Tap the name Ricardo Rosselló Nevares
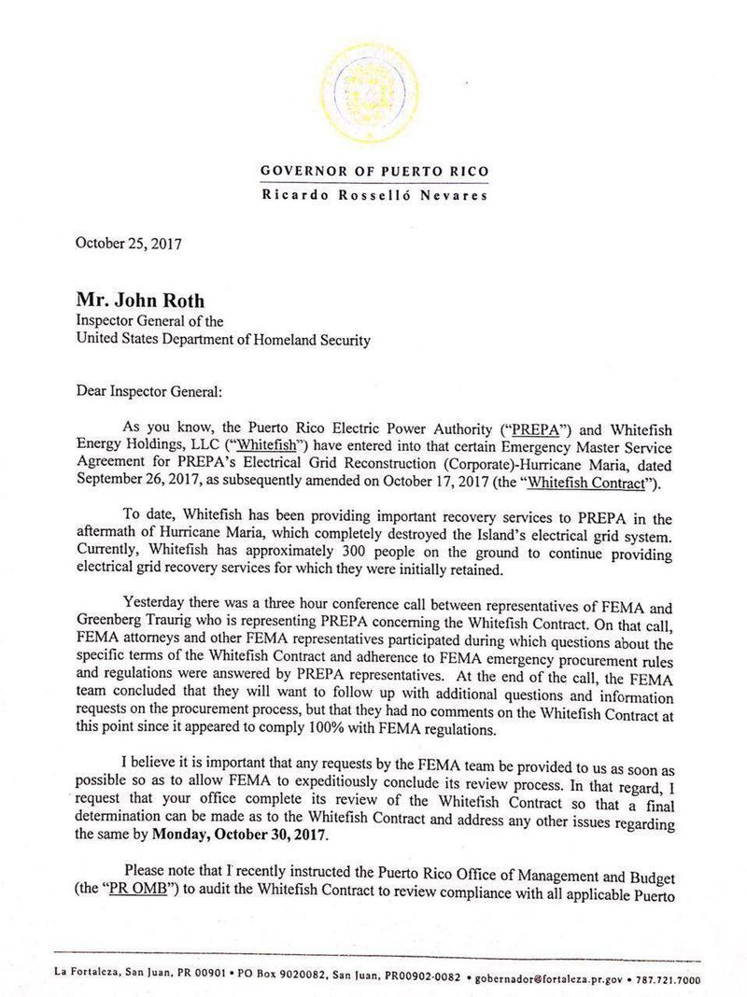click(x=373, y=196)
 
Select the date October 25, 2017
click(x=129, y=245)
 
